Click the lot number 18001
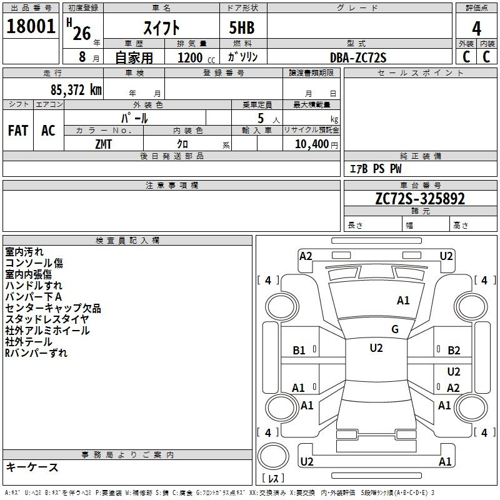(x=31, y=26)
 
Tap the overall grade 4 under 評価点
(x=476, y=29)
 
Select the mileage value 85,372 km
(x=76, y=89)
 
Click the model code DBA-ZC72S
(x=358, y=57)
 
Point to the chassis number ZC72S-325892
(x=420, y=199)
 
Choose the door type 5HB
(x=242, y=27)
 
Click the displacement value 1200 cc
(x=196, y=57)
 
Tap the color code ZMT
(x=103, y=144)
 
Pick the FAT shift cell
(x=18, y=131)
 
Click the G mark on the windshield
(x=395, y=329)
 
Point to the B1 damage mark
(x=299, y=351)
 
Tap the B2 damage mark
(x=454, y=351)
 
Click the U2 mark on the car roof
(x=376, y=348)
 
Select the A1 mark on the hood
(x=403, y=301)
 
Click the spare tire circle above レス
(x=273, y=456)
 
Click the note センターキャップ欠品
(x=53, y=308)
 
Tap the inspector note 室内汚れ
(x=24, y=252)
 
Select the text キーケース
(x=32, y=467)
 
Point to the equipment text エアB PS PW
(x=376, y=169)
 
